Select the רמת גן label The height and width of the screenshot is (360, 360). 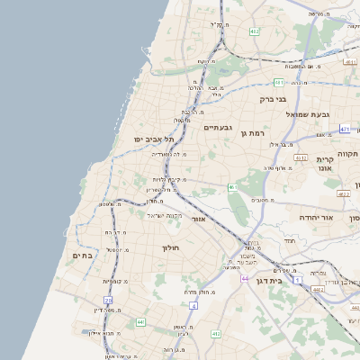256,133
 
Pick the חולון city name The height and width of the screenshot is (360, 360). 171,247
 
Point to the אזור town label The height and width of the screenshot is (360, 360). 200,219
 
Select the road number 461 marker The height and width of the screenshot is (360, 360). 232,188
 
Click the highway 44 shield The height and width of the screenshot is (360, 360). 245,280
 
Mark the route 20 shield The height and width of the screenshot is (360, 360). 108,300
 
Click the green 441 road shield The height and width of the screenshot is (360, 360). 141,321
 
